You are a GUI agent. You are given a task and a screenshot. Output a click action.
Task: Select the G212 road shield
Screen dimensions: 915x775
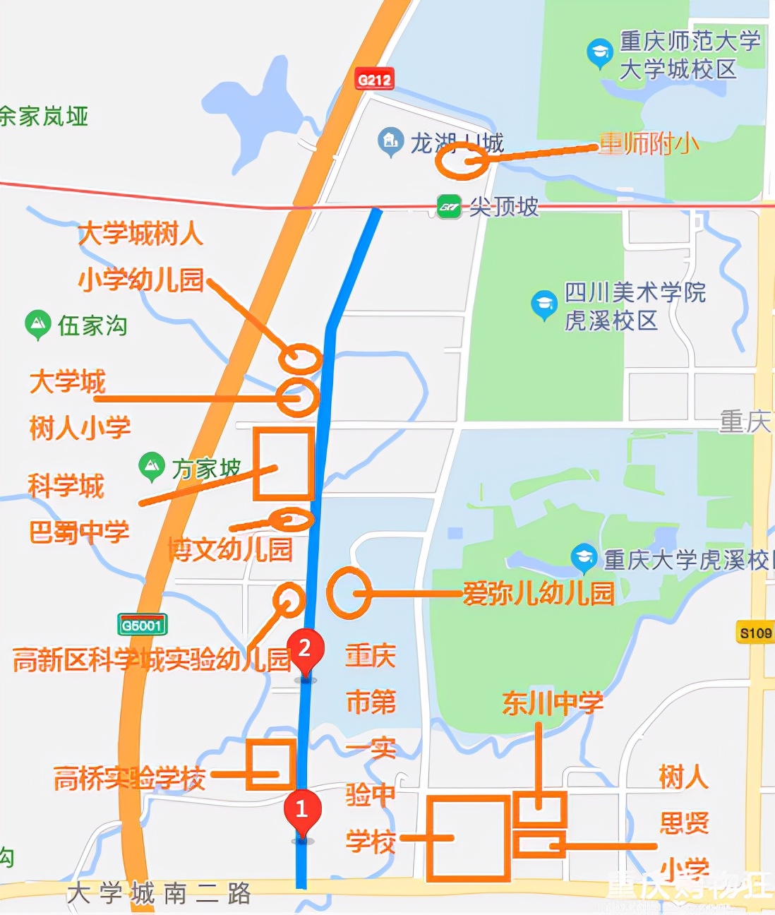[374, 79]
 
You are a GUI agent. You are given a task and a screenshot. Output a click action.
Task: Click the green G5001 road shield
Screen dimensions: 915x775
[142, 625]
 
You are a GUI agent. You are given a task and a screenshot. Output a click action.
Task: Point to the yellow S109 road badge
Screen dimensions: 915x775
[755, 633]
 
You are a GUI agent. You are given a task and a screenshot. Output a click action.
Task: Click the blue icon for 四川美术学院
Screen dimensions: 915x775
[543, 304]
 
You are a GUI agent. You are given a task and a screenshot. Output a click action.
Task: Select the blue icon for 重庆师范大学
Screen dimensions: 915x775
[599, 53]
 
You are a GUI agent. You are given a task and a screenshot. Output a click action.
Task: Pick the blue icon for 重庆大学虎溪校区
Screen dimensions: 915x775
[584, 558]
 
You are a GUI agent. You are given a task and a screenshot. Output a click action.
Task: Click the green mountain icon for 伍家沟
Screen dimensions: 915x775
[37, 324]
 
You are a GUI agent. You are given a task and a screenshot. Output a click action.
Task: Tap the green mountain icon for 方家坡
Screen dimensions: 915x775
[152, 465]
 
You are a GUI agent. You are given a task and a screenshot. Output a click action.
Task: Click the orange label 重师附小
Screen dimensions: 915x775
[649, 144]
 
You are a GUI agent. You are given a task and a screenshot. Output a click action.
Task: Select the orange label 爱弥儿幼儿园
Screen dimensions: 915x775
[538, 593]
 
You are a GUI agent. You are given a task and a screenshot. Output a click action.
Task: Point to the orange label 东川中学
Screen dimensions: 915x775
[553, 703]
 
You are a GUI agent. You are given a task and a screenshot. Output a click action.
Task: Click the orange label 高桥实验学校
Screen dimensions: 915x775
[130, 778]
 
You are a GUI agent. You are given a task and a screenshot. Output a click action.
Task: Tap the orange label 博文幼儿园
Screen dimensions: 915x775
[230, 549]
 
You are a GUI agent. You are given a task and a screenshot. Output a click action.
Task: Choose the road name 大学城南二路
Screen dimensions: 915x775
[159, 894]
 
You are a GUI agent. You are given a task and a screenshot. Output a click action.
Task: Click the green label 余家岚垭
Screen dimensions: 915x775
[44, 116]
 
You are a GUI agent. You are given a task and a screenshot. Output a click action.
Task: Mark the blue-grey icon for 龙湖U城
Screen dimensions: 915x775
[389, 142]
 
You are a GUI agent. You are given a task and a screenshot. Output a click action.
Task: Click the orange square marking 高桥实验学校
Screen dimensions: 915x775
[271, 764]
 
